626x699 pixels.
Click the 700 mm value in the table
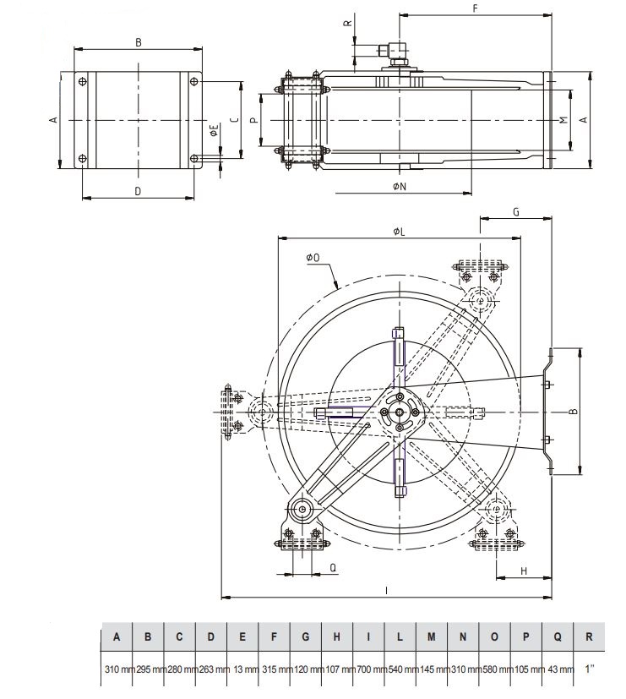369,670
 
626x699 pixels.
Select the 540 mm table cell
400,670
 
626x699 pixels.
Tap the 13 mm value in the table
243,670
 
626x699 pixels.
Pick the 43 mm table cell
558,670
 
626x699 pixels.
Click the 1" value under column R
590,670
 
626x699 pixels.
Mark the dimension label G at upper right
515,212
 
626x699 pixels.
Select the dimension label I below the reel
386,591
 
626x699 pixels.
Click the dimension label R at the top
347,24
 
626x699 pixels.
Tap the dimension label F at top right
476,8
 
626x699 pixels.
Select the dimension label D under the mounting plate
138,191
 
